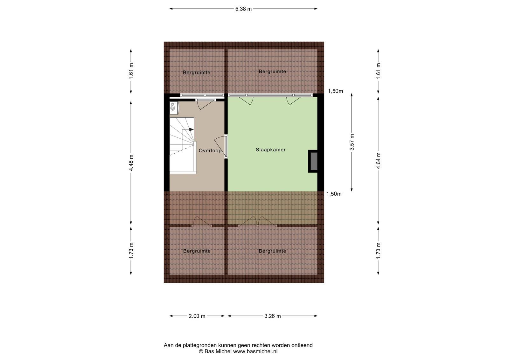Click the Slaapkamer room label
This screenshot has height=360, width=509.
pos(270,150)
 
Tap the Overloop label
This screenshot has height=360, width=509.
pos(210,151)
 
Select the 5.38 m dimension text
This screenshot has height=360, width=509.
pos(243,9)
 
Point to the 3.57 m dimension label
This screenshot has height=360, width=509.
pos(352,142)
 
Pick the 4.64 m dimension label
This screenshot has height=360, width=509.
pos(378,161)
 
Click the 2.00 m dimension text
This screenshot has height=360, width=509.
pos(197,316)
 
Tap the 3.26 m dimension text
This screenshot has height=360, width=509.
pos(272,316)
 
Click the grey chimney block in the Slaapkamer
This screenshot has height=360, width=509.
pos(314,161)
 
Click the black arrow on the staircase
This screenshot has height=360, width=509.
pos(191,129)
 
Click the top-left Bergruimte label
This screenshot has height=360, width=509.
pos(197,73)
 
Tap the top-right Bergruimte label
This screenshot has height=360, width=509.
pos(272,72)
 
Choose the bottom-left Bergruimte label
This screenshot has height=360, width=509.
pos(197,251)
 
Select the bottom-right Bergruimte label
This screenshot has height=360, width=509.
pos(272,251)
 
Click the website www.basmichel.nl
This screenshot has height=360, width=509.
pos(255,351)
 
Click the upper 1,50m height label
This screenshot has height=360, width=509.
pos(335,91)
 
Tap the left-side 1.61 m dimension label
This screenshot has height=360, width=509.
pos(131,71)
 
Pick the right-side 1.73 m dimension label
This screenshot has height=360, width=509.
pos(378,250)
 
